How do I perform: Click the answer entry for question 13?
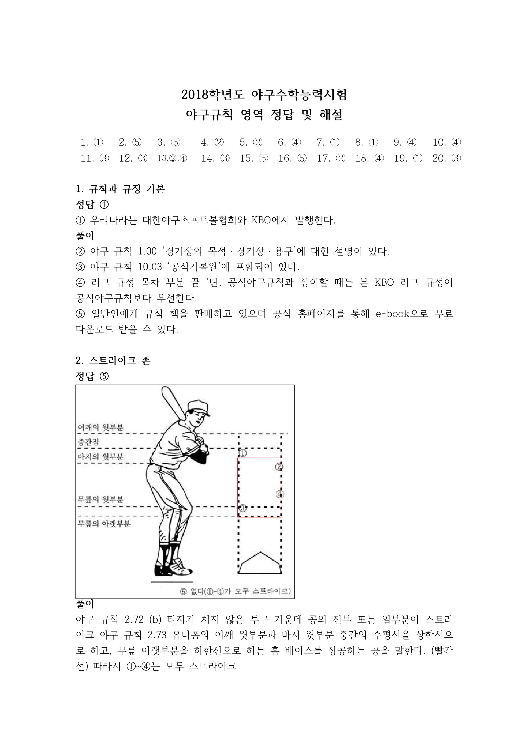tap(172, 159)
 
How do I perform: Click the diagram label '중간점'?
tap(88, 442)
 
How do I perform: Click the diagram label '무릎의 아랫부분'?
tap(104, 523)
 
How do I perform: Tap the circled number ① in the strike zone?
tap(243, 453)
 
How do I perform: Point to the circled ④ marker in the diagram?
tap(279, 494)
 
